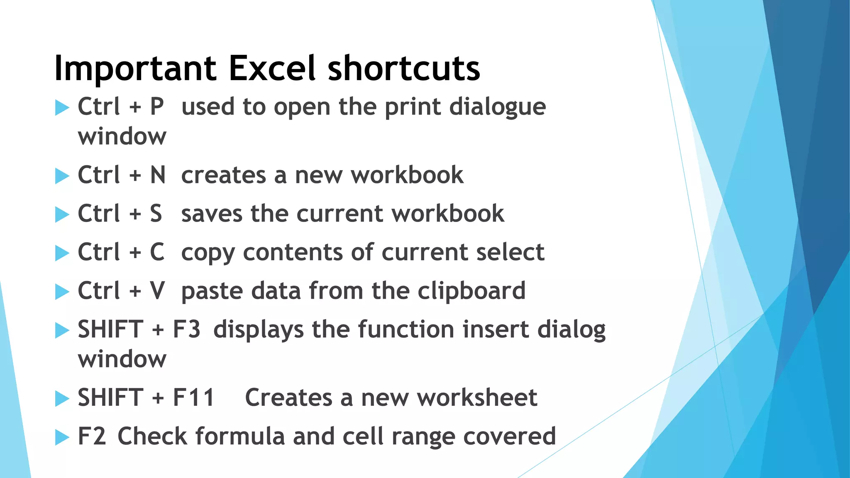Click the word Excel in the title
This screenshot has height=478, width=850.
(272, 68)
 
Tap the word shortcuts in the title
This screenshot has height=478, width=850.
(403, 68)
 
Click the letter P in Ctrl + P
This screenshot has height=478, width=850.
(157, 107)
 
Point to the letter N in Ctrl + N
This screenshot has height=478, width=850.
(158, 175)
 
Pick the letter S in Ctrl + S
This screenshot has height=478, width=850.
(156, 213)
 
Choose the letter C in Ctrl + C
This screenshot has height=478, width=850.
(157, 252)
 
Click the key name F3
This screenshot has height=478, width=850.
(186, 329)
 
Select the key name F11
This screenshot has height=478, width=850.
(193, 398)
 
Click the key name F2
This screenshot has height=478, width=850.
(92, 436)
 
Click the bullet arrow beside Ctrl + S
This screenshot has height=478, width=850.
(62, 215)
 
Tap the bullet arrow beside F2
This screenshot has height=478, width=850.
(62, 437)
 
